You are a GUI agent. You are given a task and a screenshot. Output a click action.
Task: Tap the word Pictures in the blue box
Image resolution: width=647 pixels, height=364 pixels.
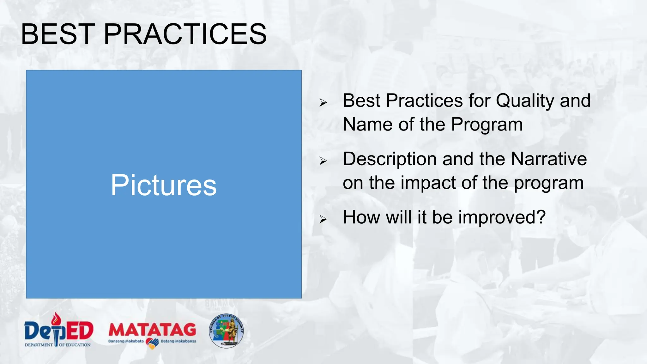pos(164,185)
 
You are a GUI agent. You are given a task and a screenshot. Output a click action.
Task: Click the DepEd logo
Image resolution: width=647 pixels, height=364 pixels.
pos(59,330)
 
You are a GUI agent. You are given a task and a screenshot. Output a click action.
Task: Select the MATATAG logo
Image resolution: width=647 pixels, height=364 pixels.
pos(152,331)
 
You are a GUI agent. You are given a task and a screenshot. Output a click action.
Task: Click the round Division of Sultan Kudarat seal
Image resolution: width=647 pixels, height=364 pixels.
pos(226,331)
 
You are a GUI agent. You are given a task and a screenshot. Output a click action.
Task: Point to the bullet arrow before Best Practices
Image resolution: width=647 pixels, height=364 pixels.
pos(323,102)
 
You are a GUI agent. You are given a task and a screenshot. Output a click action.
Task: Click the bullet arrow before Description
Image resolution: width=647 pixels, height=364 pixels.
pos(323,161)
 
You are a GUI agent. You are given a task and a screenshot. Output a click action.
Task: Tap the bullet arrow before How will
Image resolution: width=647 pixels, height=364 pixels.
pos(323,219)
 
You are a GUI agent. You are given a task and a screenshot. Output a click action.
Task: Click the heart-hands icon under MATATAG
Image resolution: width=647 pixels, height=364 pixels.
pos(152,343)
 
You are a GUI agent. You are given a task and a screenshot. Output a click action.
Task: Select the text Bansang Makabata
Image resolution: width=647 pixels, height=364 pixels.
pos(126,341)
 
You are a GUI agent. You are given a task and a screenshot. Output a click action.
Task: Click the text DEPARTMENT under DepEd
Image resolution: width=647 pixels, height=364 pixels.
pos(39,345)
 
